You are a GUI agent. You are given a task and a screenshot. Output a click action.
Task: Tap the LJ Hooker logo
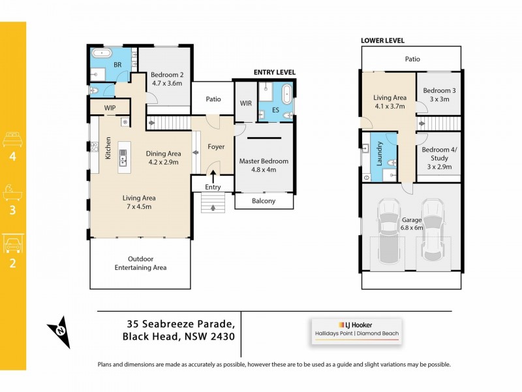pyautogui.click(x=356, y=325)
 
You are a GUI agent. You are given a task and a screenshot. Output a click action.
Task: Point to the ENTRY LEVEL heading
pyautogui.click(x=274, y=72)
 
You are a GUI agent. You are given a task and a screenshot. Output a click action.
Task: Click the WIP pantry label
pyautogui.click(x=102, y=108)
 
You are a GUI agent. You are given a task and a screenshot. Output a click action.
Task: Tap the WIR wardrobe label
pyautogui.click(x=246, y=103)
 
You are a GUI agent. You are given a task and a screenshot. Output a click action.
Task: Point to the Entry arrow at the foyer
pyautogui.click(x=213, y=174)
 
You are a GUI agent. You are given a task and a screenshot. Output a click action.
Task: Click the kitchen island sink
pyautogui.click(x=123, y=157)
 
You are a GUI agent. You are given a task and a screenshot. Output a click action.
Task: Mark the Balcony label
pyautogui.click(x=264, y=201)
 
